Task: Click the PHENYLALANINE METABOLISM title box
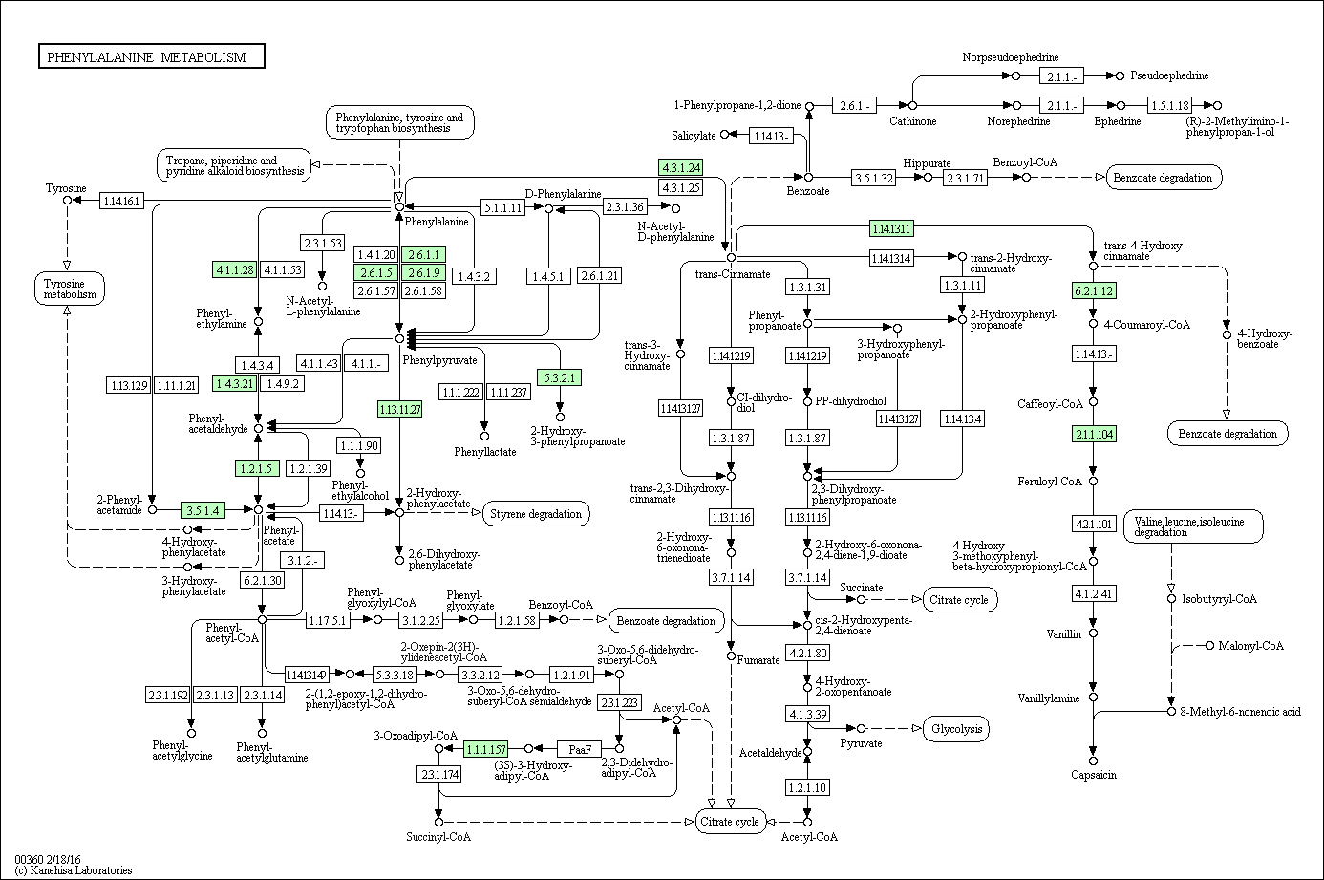point(151,56)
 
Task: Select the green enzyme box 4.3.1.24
point(681,167)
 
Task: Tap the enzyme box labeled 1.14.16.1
point(121,201)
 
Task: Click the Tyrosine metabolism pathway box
point(70,289)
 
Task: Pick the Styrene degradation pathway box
point(536,514)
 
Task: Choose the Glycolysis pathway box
point(957,729)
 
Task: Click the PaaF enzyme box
point(580,749)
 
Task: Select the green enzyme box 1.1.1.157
point(485,749)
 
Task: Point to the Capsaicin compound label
point(1094,775)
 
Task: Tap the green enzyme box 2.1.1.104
point(1094,434)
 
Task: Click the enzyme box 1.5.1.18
point(1170,105)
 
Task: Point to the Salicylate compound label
point(694,136)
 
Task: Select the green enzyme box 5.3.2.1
point(559,377)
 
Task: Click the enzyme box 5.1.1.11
point(502,207)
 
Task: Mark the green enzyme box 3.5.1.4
point(203,510)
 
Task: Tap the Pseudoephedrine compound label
point(1169,75)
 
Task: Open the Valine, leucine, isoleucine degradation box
point(1193,526)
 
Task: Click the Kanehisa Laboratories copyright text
point(74,870)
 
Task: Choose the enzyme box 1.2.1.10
point(807,787)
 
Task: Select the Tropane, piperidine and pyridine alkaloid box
point(234,165)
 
